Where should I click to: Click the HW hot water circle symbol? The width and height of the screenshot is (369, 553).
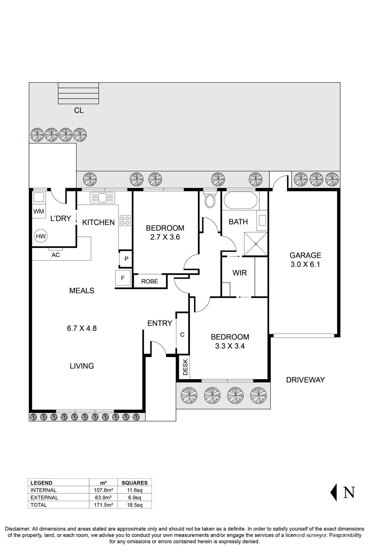(x=41, y=236)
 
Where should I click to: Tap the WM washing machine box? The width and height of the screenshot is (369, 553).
(x=39, y=211)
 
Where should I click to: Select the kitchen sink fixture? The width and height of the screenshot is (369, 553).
(x=102, y=198)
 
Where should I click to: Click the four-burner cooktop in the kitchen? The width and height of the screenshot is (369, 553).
(x=125, y=221)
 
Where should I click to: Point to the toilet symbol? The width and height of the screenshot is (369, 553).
(x=210, y=199)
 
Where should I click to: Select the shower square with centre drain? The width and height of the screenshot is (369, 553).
(x=256, y=244)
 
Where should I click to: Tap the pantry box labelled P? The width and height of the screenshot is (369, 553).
(x=126, y=259)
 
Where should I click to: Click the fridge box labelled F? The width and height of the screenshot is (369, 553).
(x=123, y=278)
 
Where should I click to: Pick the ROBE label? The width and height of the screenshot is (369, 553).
(x=149, y=281)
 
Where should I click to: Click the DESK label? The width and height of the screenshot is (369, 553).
(x=185, y=367)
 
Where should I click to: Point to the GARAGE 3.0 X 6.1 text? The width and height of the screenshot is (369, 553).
(x=305, y=260)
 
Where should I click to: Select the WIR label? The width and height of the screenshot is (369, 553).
(x=239, y=273)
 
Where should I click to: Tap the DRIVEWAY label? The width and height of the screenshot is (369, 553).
(x=305, y=380)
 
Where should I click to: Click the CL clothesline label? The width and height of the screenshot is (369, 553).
(x=79, y=111)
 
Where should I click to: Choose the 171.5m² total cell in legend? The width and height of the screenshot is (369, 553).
(x=103, y=505)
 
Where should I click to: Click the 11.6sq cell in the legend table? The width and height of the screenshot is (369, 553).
(x=135, y=490)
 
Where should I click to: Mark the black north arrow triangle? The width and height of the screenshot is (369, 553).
(x=334, y=492)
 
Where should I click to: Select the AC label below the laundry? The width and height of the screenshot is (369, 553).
(x=55, y=255)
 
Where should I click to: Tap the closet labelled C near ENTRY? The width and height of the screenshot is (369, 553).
(x=182, y=335)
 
